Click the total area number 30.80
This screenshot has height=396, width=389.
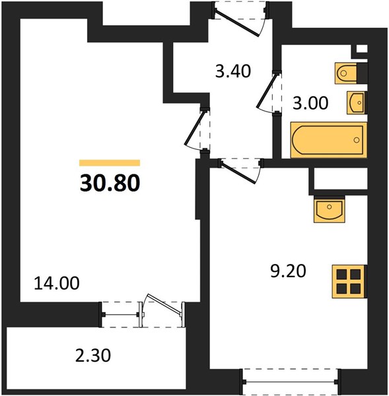click(x=110, y=183)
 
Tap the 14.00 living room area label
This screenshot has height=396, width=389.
click(x=57, y=283)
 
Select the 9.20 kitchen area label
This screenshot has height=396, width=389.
click(x=288, y=271)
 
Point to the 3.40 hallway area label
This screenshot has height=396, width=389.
click(x=233, y=71)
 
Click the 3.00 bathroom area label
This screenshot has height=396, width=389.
click(x=310, y=103)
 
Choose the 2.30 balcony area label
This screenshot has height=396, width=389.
click(x=93, y=356)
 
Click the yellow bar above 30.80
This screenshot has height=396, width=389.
click(x=110, y=163)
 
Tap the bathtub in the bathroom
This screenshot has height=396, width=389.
click(x=329, y=140)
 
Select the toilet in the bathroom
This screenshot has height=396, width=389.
click(x=351, y=73)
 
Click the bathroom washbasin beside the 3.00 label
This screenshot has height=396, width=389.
click(x=357, y=102)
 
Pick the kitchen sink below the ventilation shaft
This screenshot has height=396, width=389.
click(x=329, y=209)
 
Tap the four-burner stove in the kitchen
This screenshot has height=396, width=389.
click(x=349, y=281)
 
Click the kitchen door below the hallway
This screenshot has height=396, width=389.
click(x=240, y=169)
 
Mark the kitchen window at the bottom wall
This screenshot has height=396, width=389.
click(x=290, y=382)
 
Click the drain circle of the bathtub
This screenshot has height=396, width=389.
click(x=357, y=140)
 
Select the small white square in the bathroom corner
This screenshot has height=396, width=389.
click(x=361, y=49)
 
